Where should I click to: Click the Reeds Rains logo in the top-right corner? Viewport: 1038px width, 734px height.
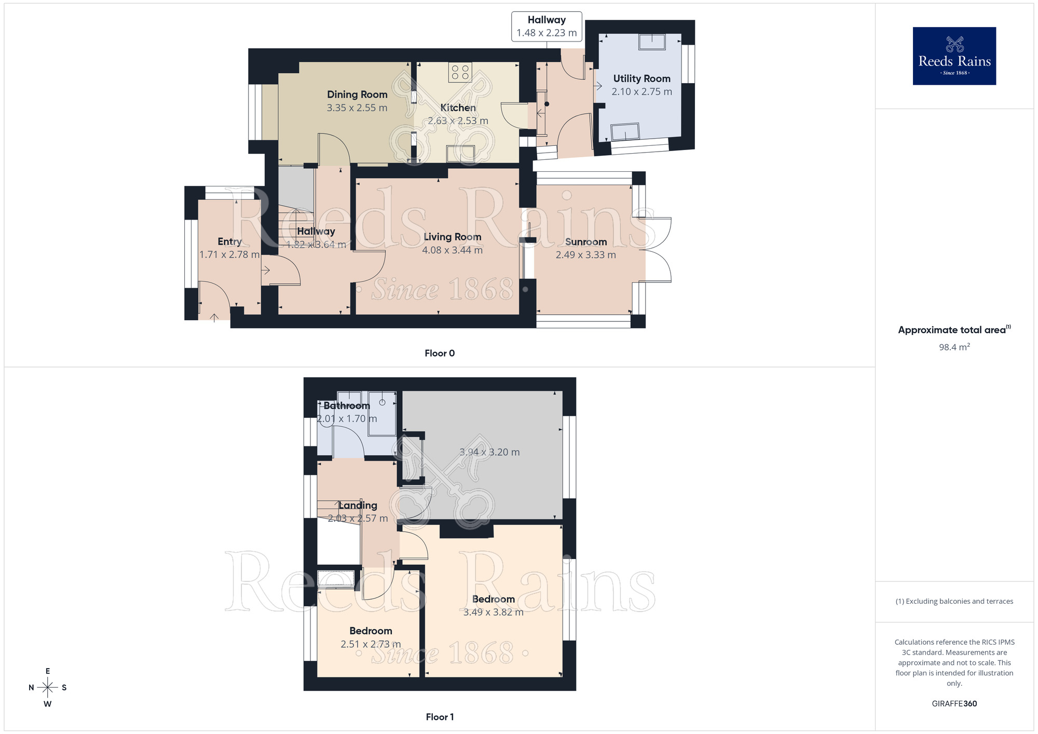coord(954,56)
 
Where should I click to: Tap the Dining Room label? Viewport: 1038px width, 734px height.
coord(357,94)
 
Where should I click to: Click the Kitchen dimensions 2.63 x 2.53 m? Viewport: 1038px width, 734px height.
coord(458,121)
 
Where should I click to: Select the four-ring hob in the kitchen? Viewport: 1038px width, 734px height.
coord(460,72)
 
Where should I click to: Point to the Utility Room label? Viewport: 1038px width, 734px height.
coord(641,78)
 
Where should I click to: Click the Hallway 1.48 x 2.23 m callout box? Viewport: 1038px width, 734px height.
coord(547,26)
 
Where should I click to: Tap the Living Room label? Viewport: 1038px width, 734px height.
coord(452,237)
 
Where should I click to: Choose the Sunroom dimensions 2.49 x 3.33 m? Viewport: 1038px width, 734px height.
coord(585,255)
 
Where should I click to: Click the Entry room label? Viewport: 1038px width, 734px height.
coord(229,241)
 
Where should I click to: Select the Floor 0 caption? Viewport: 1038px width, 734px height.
coord(440,354)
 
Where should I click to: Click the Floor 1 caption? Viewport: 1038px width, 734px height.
coord(440,717)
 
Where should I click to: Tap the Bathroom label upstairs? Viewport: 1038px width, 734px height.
coord(347,405)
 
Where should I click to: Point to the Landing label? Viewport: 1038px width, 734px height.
coord(358,505)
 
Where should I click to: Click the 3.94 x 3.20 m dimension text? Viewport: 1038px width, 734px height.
coord(489,452)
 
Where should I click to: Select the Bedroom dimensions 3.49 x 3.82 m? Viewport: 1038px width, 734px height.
coord(493,613)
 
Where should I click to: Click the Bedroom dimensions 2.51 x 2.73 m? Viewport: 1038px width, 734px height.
coord(371,644)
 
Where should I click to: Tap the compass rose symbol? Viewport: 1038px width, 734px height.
coord(48,688)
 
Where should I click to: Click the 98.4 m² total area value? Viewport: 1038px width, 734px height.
coord(954,347)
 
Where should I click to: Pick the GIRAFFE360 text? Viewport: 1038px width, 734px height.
coord(954,704)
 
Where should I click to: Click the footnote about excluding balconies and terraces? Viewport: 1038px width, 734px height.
coord(954,601)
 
